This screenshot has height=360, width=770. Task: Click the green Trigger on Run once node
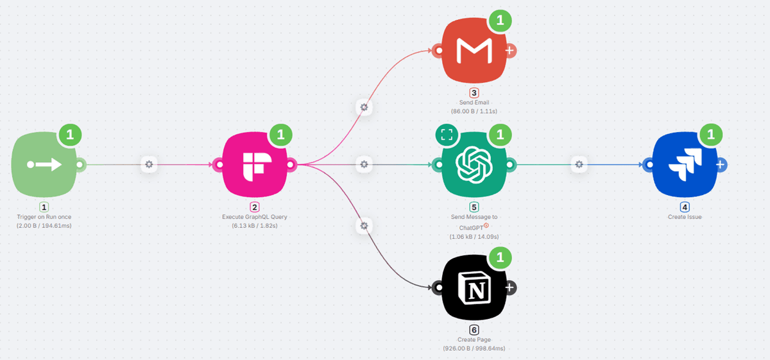point(44,165)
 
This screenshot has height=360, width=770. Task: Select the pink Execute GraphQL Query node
point(255,165)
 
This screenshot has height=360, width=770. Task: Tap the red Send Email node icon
point(474,51)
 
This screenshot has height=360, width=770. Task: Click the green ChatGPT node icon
point(474,165)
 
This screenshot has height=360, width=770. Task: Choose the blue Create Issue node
point(685,165)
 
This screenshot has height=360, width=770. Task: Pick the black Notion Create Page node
point(474,288)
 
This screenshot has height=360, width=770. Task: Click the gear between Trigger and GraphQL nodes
point(150,165)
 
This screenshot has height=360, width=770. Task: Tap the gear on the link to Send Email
point(364,107)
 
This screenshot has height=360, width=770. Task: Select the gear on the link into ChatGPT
point(364,165)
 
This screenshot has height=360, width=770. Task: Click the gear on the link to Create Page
point(364,226)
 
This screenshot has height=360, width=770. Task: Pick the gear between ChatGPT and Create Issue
point(579,165)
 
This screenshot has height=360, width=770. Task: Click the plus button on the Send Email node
point(509,51)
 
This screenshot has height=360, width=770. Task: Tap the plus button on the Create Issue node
point(721,165)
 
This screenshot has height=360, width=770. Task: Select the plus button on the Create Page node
point(509,288)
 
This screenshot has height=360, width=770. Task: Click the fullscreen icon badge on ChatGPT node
point(447,135)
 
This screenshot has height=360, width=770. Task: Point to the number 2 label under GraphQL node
point(255,207)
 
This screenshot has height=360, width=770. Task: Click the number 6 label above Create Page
point(474,330)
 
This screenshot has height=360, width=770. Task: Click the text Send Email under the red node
point(474,102)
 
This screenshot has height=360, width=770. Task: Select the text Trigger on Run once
point(44,217)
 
